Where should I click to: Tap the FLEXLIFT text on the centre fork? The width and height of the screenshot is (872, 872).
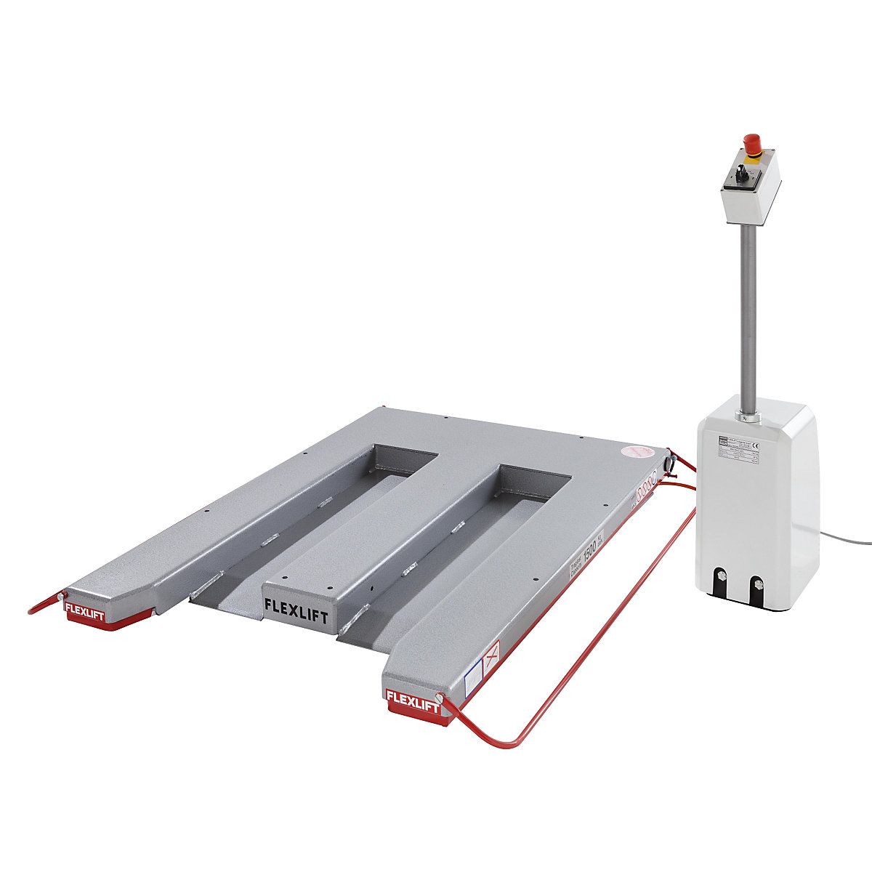pos(296,605)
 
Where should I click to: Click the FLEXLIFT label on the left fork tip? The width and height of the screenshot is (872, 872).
pos(84,609)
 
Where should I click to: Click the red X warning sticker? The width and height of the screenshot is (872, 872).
pos(492,658)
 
